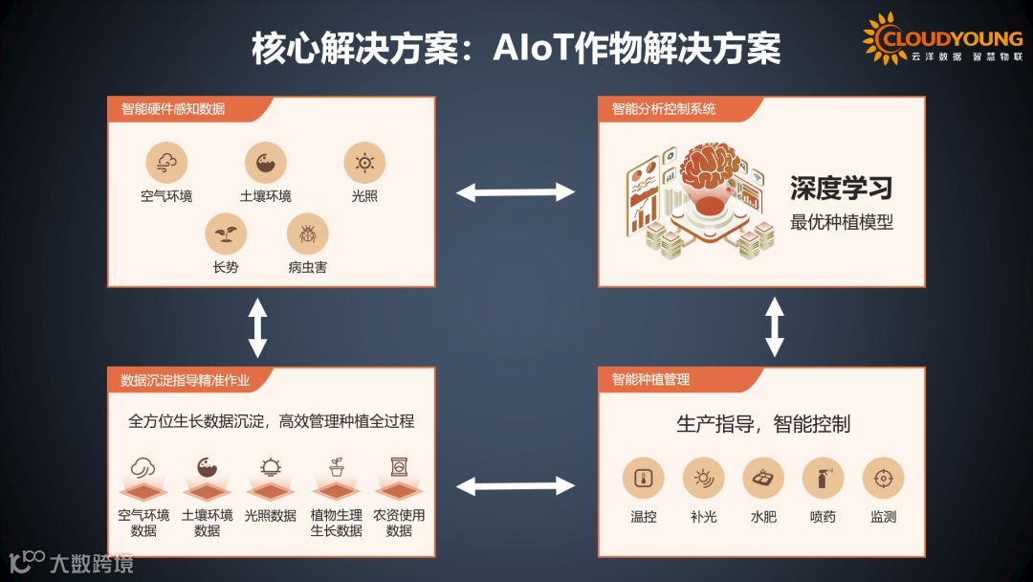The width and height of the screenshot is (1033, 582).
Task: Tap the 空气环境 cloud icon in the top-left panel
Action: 166,162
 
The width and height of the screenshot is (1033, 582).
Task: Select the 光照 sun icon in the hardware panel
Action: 364,162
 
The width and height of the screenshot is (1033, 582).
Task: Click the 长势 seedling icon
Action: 226,233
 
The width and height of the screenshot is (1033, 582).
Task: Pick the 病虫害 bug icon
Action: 308,233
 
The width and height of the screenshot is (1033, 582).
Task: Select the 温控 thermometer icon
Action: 644,478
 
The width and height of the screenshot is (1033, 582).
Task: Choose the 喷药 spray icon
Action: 823,478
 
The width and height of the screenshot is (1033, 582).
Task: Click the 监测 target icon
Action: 883,478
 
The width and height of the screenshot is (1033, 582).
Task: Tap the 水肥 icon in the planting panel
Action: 763,478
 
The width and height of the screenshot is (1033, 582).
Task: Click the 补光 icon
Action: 703,478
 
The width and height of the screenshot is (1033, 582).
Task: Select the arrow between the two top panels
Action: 516,192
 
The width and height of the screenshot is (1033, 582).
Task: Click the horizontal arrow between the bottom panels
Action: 516,486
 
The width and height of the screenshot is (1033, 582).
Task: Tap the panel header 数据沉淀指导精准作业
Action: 186,380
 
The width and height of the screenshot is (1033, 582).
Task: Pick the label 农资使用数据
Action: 399,523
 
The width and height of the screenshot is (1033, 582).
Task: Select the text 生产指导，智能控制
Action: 763,424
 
